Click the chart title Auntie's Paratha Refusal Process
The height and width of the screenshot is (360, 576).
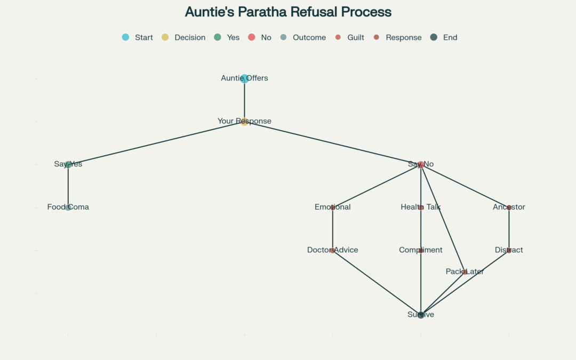pyautogui.click(x=288, y=12)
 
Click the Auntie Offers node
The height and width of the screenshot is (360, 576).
pyautogui.click(x=244, y=78)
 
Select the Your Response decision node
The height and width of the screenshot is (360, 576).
pyautogui.click(x=244, y=122)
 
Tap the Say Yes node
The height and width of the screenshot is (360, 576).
pyautogui.click(x=68, y=164)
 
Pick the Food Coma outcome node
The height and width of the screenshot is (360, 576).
pyautogui.click(x=68, y=207)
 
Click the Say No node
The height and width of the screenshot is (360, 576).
pyautogui.click(x=421, y=164)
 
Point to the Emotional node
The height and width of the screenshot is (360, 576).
pyautogui.click(x=333, y=207)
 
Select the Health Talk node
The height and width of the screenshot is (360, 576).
pyautogui.click(x=421, y=207)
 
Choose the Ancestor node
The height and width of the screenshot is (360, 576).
pyautogui.click(x=509, y=207)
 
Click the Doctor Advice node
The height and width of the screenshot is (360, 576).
pyautogui.click(x=333, y=250)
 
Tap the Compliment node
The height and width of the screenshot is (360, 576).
pyautogui.click(x=421, y=250)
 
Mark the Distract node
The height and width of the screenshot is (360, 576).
pyautogui.click(x=509, y=250)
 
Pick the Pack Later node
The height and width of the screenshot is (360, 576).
pyautogui.click(x=465, y=272)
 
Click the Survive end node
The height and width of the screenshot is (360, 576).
pyautogui.click(x=421, y=315)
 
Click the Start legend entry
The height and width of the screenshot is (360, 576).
pyautogui.click(x=138, y=37)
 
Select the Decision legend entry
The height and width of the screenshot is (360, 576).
pyautogui.click(x=183, y=37)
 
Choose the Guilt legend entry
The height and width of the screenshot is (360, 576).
pyautogui.click(x=350, y=37)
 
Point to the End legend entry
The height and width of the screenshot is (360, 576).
pyautogui.click(x=444, y=37)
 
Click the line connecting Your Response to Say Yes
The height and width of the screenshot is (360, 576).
pyautogui.click(x=156, y=143)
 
